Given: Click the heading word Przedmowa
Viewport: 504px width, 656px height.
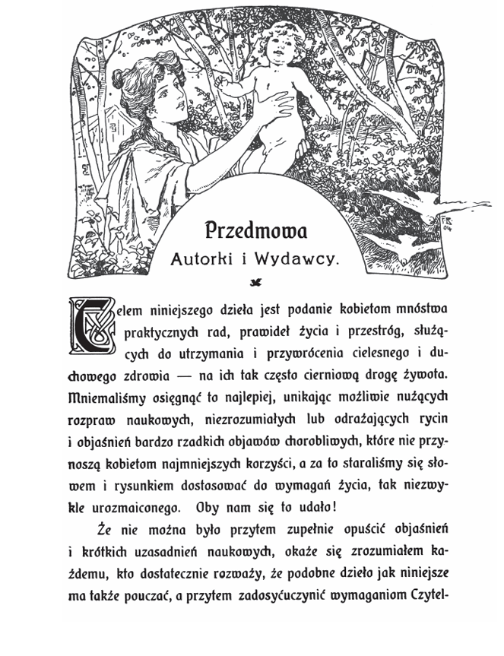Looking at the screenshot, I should click(255, 230).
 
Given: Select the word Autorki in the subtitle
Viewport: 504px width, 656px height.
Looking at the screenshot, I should click(204, 260).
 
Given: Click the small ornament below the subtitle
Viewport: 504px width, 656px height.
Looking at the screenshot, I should click(255, 283).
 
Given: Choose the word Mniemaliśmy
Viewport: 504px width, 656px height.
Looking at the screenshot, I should click(107, 397).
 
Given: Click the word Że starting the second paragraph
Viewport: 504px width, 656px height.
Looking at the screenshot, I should click(106, 528).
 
